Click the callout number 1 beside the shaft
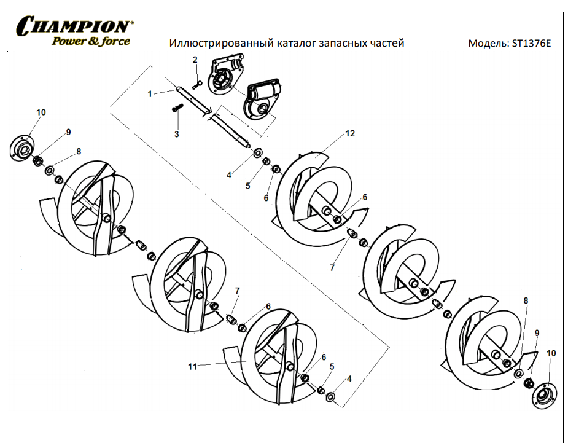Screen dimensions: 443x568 point(149,94)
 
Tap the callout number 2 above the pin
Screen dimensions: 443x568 point(195,60)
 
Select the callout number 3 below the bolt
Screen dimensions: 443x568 point(177,133)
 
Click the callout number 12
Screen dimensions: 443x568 point(350,133)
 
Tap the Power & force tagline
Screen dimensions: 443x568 point(90,41)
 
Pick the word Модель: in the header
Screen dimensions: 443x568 point(488,44)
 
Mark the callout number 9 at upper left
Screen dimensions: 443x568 point(68,132)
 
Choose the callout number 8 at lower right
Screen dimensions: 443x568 point(526,300)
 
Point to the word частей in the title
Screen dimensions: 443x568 point(386,44)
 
